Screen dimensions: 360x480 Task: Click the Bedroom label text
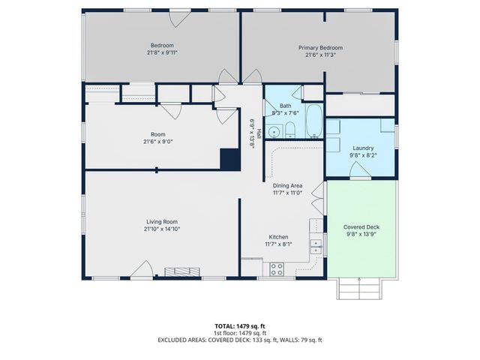tap(163, 45)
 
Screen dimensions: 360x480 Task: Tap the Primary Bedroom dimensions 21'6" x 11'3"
tap(320, 55)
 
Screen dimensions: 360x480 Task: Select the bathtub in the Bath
tap(315, 123)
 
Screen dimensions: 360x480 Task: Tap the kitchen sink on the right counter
tap(316, 243)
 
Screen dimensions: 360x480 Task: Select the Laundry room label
tap(363, 148)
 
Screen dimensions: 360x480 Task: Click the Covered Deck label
tap(361, 227)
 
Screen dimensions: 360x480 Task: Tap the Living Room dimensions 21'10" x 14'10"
tap(163, 229)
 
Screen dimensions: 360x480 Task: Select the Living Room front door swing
tap(140, 271)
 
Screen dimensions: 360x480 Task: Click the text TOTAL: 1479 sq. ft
tap(239, 325)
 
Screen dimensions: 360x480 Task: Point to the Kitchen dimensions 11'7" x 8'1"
tap(279, 244)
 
